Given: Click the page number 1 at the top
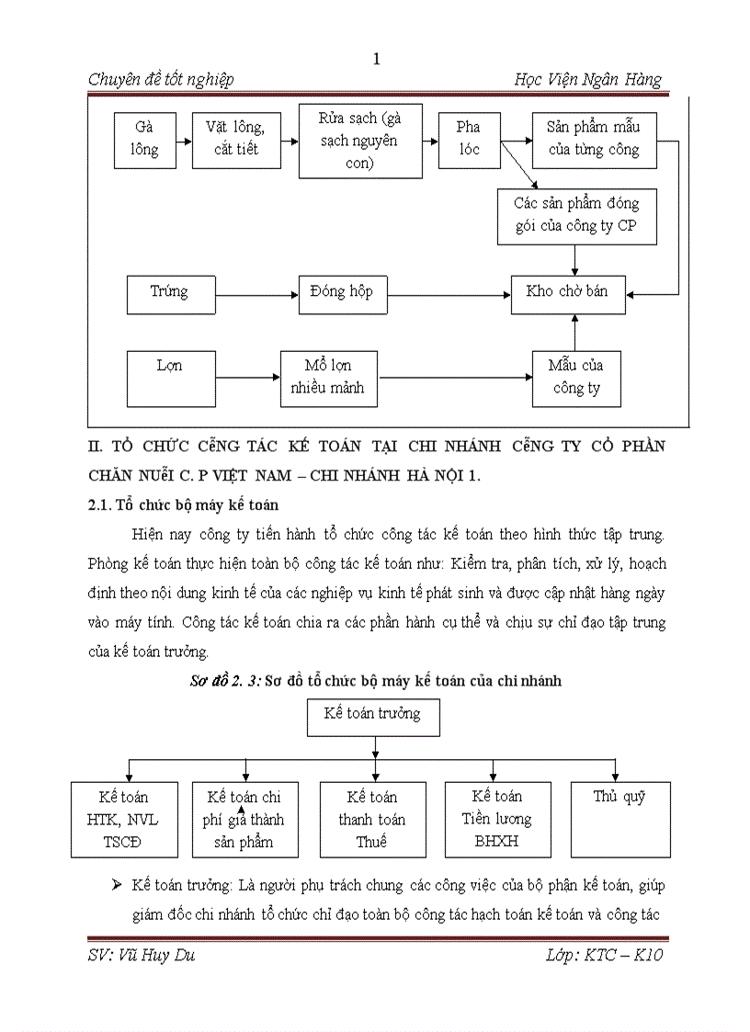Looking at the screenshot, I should point(376,59).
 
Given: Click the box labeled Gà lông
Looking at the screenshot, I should point(144,140).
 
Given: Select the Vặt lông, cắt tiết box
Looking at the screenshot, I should point(236,140).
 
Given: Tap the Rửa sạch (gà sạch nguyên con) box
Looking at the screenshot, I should point(360,141).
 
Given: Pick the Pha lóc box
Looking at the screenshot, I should point(469,139).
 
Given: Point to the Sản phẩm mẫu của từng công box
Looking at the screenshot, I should point(594,140).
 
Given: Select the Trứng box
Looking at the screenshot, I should point(170,294).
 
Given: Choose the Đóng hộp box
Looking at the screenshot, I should point(342,294).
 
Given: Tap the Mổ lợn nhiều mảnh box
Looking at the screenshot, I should point(327,377).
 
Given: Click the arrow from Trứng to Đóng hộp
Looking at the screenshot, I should point(256,295).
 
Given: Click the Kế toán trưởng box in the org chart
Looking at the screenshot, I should point(372,716).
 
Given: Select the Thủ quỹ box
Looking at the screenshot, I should point(619,819).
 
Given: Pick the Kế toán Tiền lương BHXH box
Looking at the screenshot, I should point(497,819).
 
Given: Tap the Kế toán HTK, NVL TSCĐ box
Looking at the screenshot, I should point(124,819).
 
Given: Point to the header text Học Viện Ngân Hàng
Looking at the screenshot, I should point(587,80).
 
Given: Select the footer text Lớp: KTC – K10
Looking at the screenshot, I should point(604,956).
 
